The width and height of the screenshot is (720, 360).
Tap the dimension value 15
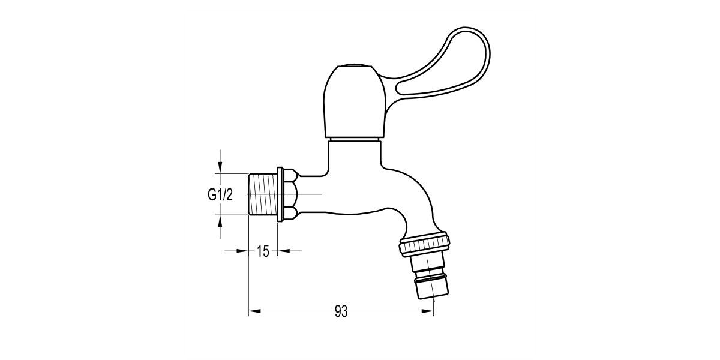point(263,251)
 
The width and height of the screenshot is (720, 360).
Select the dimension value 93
point(341,311)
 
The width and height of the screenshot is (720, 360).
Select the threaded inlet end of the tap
point(262,194)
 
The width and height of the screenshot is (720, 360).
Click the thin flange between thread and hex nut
point(278,194)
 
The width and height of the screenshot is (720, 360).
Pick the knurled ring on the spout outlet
point(424,244)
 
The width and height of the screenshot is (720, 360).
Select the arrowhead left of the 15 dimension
point(244,251)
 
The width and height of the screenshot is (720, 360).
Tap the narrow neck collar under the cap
point(354,140)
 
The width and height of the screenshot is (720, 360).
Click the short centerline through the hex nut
point(309,194)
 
